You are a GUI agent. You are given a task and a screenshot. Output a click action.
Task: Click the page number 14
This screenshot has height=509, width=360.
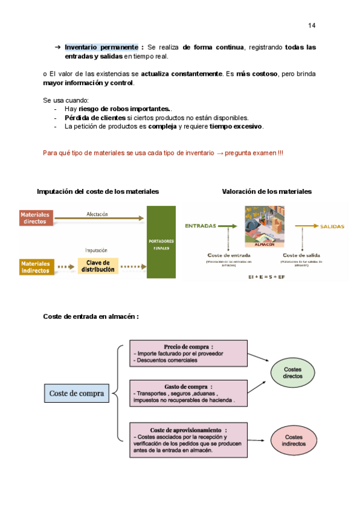tap(311, 26)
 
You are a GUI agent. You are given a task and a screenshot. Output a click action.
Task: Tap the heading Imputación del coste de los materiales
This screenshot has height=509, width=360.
tap(98, 191)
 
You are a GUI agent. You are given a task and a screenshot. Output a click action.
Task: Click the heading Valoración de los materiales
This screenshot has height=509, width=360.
tap(266, 191)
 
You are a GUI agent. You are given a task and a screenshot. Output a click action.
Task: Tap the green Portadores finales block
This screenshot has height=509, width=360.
tap(161, 242)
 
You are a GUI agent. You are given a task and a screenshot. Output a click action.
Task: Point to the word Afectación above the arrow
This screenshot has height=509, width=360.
tap(97, 214)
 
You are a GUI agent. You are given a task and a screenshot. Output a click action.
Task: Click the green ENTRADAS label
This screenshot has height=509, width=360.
tap(200, 226)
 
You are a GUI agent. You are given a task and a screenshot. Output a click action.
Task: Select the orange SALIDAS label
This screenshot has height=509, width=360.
tap(332, 226)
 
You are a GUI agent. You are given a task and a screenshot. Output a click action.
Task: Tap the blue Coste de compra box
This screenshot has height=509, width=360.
tap(76, 393)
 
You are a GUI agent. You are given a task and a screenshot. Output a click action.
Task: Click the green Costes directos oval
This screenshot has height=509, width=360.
tap(293, 372)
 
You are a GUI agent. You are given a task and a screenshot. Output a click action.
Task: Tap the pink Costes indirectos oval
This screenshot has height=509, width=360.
tap(293, 441)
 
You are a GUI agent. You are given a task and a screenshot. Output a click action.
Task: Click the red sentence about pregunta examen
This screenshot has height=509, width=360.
tap(163, 153)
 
